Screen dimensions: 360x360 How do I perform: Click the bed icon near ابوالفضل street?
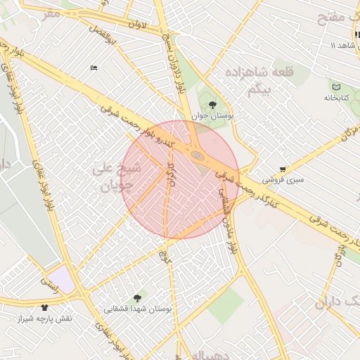tap(94, 67)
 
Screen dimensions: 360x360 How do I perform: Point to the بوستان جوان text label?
tap(212, 115)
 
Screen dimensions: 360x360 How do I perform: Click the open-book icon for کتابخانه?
tap(335, 87)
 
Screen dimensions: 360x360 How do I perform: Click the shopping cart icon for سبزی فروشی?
tap(283, 169)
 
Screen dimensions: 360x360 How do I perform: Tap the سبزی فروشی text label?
tap(283, 180)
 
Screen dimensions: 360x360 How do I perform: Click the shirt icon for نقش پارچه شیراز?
tap(45, 308)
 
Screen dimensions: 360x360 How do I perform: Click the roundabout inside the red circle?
tap(198, 155)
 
